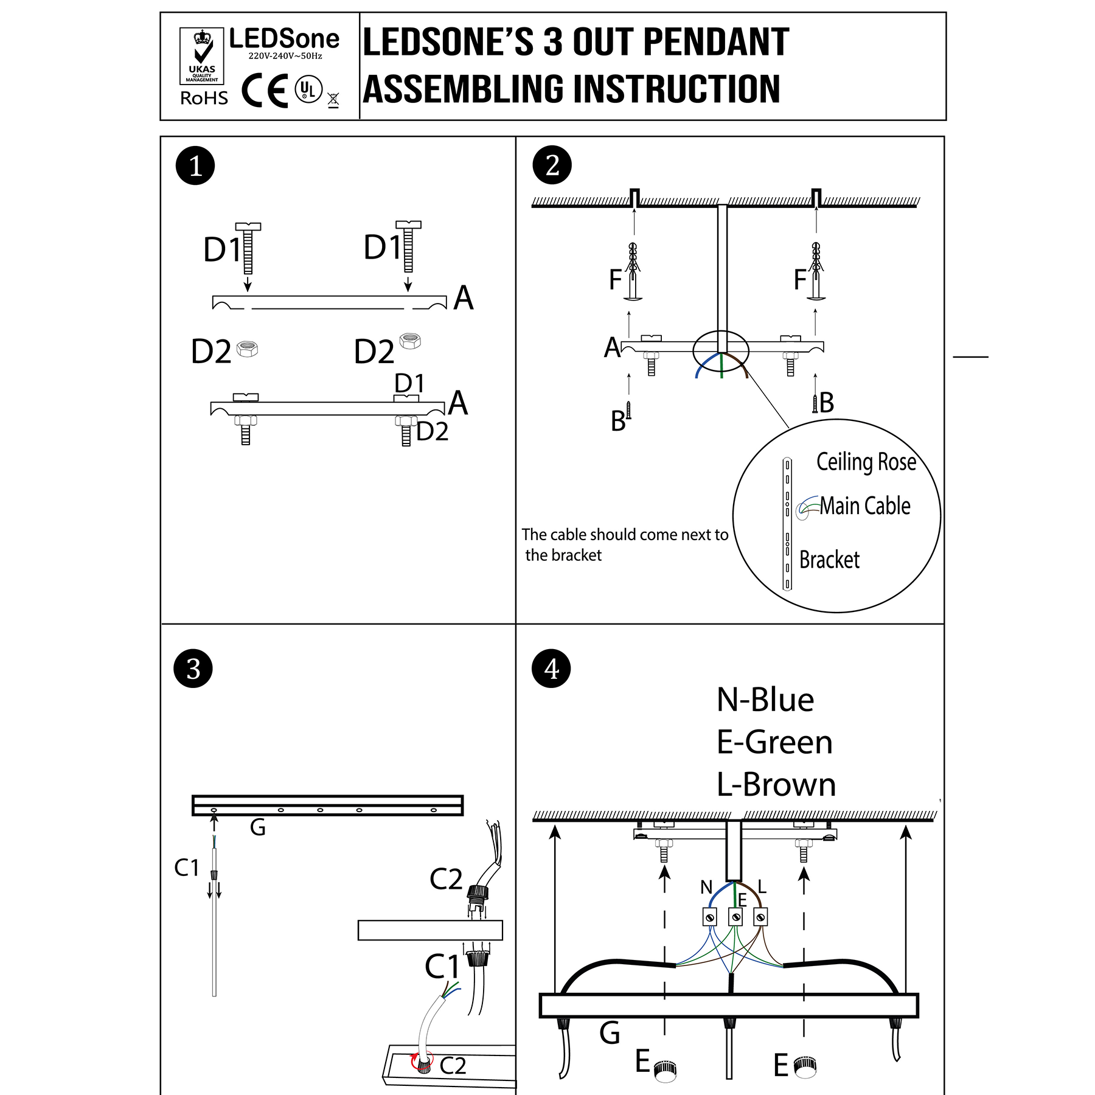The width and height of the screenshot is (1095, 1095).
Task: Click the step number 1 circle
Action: (x=195, y=165)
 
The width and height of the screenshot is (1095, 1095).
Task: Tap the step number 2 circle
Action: (x=552, y=165)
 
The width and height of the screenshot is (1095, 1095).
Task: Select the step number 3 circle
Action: (x=193, y=669)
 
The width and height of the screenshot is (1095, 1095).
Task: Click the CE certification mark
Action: (x=265, y=91)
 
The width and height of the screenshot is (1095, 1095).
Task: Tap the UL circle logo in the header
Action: (x=308, y=90)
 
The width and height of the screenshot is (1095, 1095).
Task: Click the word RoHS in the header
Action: (x=204, y=98)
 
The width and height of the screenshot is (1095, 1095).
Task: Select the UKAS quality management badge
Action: (x=202, y=56)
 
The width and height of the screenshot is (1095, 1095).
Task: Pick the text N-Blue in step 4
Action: (x=765, y=700)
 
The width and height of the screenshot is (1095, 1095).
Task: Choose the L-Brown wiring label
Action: (x=776, y=784)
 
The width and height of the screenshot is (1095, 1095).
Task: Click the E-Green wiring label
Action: (x=774, y=742)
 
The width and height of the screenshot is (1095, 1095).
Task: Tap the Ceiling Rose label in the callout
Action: (x=866, y=462)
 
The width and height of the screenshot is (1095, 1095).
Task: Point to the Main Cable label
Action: (x=864, y=506)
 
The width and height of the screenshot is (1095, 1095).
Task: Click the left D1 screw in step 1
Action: (x=248, y=248)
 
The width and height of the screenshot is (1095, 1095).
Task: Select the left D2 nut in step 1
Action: (x=248, y=349)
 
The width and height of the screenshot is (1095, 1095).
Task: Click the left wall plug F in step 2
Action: (x=633, y=272)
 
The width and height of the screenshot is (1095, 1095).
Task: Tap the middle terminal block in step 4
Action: (x=735, y=916)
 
